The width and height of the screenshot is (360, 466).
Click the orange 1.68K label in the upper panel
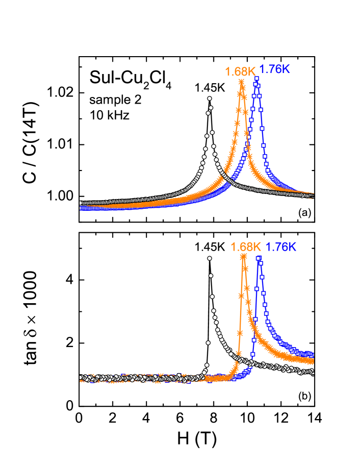click(240, 71)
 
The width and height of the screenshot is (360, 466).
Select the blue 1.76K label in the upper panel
click(274, 69)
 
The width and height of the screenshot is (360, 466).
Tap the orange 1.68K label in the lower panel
click(246, 247)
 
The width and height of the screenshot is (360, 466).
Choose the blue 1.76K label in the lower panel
click(281, 247)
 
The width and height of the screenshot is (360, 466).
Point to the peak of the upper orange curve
click(241, 81)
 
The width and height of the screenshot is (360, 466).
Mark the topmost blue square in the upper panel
click(256, 79)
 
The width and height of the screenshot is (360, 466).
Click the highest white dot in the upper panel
click(210, 98)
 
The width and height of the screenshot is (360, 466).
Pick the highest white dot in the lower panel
click(209, 259)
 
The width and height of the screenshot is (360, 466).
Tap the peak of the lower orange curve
click(243, 256)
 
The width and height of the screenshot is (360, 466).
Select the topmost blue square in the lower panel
click(259, 259)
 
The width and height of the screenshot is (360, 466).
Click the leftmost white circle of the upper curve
click(81, 203)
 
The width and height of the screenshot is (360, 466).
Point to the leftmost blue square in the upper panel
click(81, 208)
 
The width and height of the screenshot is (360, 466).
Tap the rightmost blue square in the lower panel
click(312, 354)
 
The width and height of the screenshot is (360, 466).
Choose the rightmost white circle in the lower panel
click(312, 372)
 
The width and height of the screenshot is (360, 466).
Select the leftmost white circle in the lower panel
click(81, 378)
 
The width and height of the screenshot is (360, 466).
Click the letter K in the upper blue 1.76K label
click(286, 69)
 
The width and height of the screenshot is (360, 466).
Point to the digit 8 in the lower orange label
click(250, 247)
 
